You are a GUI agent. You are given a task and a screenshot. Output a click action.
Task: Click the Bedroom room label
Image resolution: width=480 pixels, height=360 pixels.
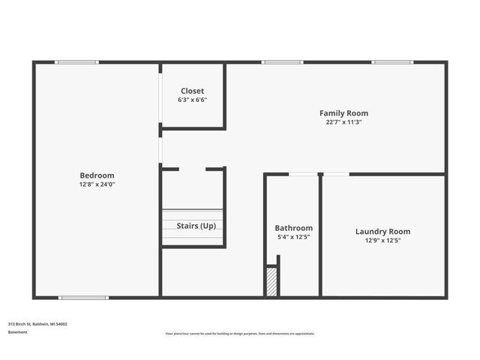(97, 175)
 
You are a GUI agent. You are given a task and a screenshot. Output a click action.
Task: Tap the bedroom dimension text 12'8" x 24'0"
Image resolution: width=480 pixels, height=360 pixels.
(97, 184)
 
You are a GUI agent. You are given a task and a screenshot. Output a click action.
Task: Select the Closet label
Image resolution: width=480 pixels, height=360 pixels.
(192, 91)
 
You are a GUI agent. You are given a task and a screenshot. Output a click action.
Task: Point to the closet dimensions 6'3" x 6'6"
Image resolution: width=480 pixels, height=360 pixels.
(192, 100)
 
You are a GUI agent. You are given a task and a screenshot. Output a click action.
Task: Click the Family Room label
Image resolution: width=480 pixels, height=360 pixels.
(343, 113)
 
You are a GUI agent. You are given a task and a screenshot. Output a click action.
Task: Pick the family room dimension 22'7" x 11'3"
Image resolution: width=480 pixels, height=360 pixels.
(343, 122)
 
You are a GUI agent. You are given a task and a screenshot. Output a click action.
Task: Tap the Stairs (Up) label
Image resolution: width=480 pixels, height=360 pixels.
(196, 225)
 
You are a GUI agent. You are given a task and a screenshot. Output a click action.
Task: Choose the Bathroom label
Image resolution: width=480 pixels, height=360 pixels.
(293, 228)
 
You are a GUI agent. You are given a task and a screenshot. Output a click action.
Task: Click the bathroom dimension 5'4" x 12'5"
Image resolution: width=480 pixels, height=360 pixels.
(293, 237)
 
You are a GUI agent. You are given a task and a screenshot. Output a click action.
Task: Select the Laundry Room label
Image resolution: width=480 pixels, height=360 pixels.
(382, 232)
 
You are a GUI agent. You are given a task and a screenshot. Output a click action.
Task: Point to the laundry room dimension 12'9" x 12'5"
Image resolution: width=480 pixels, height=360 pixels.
(382, 241)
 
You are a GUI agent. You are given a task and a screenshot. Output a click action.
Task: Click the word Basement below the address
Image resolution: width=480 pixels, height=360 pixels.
(18, 331)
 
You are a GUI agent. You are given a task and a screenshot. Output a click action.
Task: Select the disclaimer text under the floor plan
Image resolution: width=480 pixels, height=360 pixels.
(240, 334)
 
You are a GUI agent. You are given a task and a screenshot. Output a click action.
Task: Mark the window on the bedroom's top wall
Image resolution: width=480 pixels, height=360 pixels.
(77, 62)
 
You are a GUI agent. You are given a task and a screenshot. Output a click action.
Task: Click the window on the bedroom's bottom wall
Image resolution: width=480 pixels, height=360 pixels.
(83, 298)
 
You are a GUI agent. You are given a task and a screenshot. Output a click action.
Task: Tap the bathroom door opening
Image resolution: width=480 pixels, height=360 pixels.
(302, 174)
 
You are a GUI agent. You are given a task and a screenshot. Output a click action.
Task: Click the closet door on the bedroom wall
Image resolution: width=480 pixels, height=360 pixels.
(160, 96)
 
